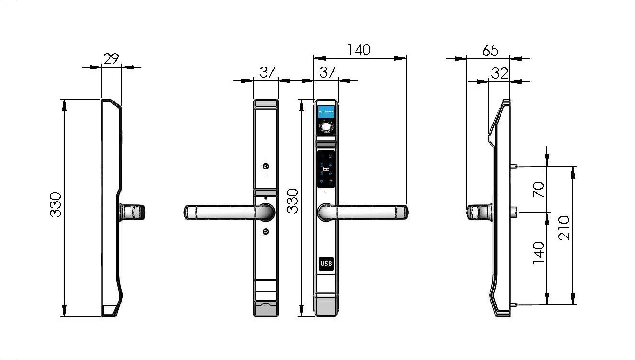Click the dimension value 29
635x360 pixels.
pyautogui.click(x=111, y=58)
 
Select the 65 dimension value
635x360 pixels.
pyautogui.click(x=490, y=50)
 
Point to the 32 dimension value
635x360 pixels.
pyautogui.click(x=499, y=73)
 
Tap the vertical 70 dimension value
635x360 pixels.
pyautogui.click(x=538, y=190)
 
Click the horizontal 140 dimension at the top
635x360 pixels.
pyautogui.click(x=359, y=50)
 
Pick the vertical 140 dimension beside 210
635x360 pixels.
pyautogui.click(x=538, y=252)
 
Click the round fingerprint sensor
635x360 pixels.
pyautogui.click(x=326, y=127)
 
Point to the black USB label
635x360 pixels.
pyautogui.click(x=326, y=264)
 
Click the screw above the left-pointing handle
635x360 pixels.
pyautogui.click(x=266, y=166)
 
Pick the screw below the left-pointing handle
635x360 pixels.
pyautogui.click(x=266, y=232)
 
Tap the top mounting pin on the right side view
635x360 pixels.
pyautogui.click(x=513, y=166)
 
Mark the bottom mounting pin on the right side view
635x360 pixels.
pyautogui.click(x=513, y=304)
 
